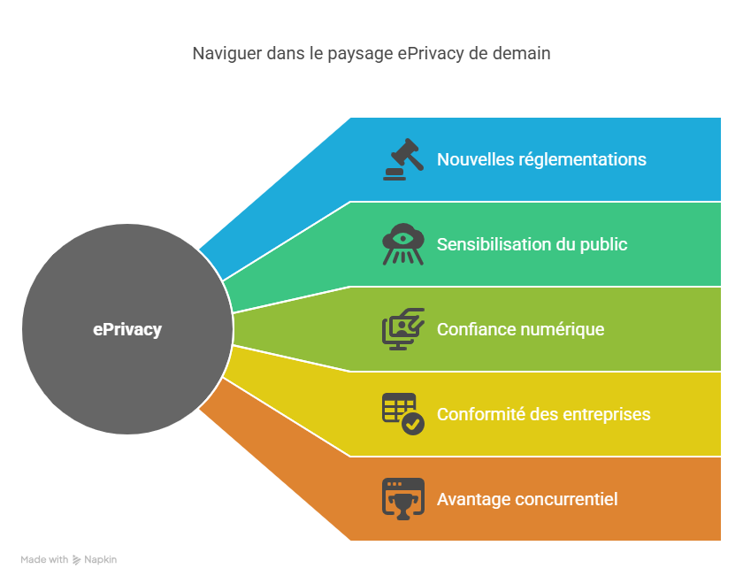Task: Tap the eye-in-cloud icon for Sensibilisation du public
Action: [402, 244]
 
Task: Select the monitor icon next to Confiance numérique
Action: [402, 329]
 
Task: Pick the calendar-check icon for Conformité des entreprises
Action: [402, 414]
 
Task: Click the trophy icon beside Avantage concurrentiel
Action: [402, 498]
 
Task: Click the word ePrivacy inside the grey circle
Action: [127, 329]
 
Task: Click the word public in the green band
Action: [603, 244]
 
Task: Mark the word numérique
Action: [563, 329]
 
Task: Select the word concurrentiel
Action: [566, 499]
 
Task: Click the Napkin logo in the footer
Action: [95, 559]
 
